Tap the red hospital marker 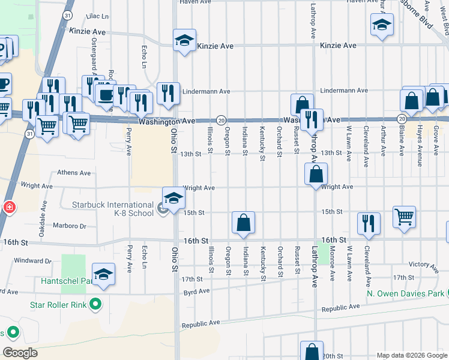point(9,208)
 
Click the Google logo point(20,352)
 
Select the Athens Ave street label point(74,173)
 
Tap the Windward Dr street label point(34,261)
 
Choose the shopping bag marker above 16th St point(244,223)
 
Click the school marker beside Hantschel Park point(104,275)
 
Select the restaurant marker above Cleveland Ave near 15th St point(369,223)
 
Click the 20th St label point(331,347)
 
